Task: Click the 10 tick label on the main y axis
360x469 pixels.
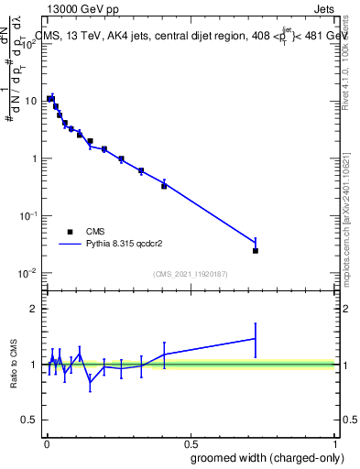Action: pyautogui.click(x=32, y=101)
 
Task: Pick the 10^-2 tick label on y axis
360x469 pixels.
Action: pyautogui.click(x=29, y=273)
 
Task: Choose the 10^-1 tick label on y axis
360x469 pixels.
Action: pyautogui.click(x=29, y=215)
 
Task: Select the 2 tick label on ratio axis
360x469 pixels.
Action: pyautogui.click(x=35, y=309)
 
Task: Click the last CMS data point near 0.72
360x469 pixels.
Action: pyautogui.click(x=256, y=250)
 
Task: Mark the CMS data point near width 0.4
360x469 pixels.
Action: pyautogui.click(x=164, y=186)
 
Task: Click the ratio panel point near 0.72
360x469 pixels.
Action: pyautogui.click(x=256, y=339)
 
